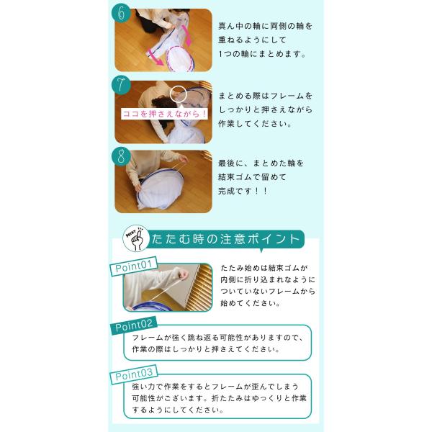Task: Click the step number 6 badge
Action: (121, 13)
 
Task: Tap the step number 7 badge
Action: (121, 85)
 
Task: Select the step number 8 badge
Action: (121, 156)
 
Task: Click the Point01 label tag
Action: (134, 266)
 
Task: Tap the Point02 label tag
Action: (134, 325)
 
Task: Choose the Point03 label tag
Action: (134, 374)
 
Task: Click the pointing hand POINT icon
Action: (136, 238)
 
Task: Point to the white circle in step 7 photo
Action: (179, 94)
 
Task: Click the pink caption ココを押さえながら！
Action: (164, 114)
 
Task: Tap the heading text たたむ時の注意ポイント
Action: (225, 239)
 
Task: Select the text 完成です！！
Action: (243, 191)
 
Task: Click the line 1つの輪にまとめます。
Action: (262, 54)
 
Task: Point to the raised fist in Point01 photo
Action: (182, 274)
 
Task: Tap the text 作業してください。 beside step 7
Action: (255, 124)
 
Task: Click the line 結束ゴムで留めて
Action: (252, 177)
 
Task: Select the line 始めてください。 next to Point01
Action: (251, 303)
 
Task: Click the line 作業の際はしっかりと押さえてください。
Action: (206, 349)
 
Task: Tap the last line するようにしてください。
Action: (178, 410)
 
